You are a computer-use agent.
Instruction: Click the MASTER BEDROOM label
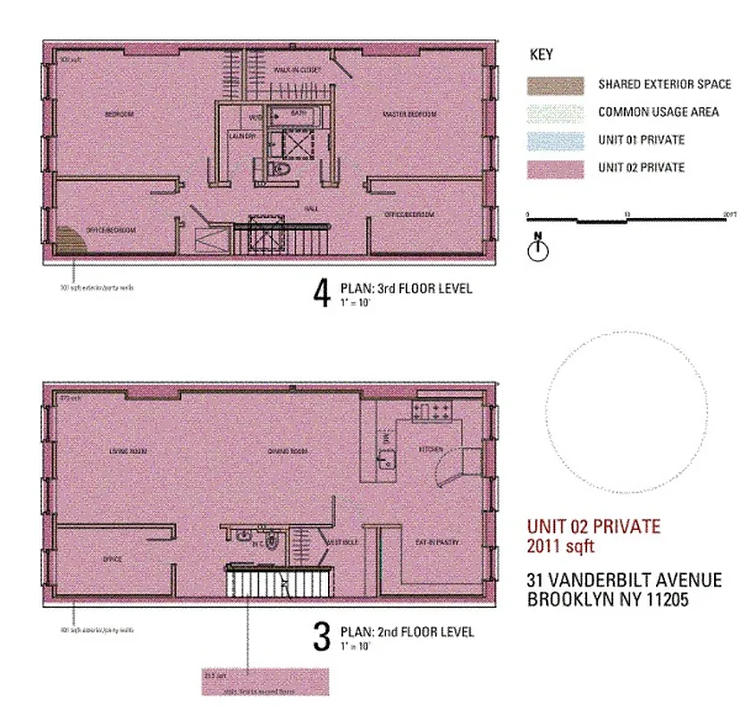click(x=409, y=115)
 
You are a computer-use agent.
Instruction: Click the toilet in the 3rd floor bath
click(x=276, y=169)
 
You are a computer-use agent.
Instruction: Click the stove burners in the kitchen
click(x=433, y=410)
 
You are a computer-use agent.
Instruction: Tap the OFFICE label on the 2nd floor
click(x=112, y=559)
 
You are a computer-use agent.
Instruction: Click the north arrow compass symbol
click(x=537, y=248)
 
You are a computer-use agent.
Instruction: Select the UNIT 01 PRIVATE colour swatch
click(x=555, y=139)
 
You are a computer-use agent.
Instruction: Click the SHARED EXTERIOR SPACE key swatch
click(x=555, y=85)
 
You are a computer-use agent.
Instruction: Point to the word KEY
click(x=542, y=55)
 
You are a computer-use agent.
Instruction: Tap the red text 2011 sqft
click(x=561, y=547)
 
